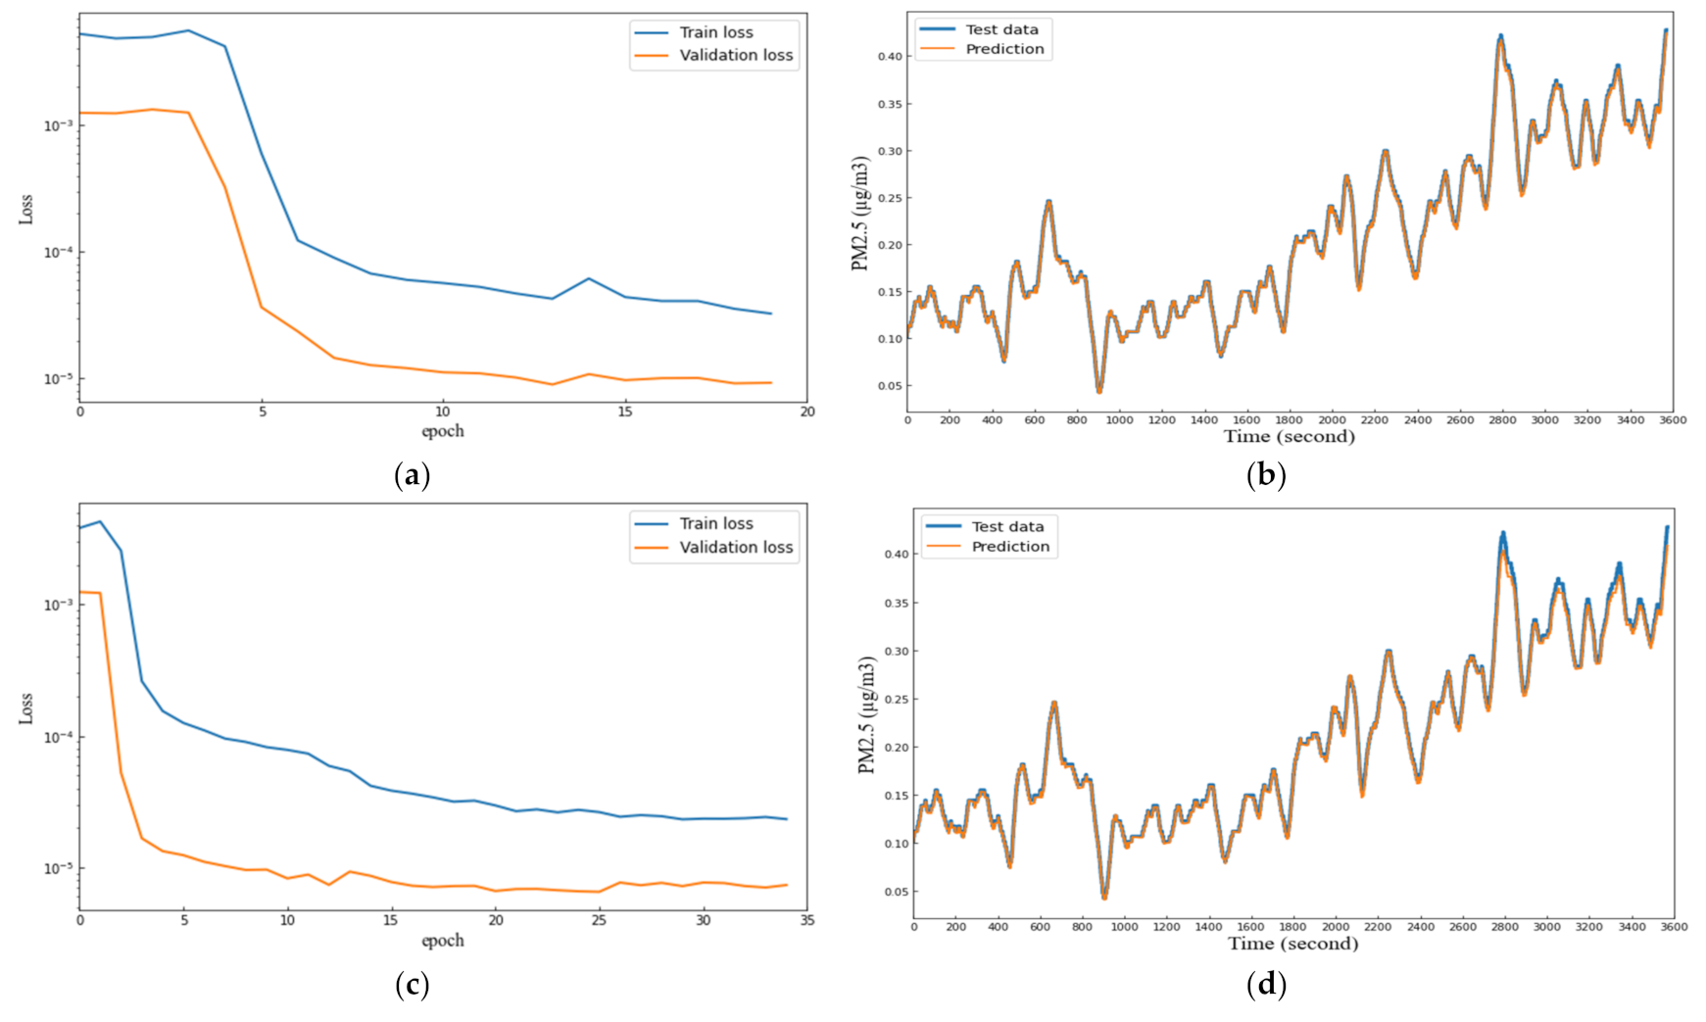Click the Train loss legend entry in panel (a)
tap(715, 32)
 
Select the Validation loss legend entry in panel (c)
tap(735, 547)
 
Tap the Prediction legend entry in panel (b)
tap(1003, 49)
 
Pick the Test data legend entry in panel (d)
tap(1007, 526)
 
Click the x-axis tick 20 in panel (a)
tap(806, 412)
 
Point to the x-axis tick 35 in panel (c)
tap(806, 920)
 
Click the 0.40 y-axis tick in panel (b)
tap(889, 57)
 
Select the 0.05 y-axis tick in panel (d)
tap(896, 892)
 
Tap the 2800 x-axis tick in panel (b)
tap(1502, 419)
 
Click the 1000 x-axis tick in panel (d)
tap(1124, 926)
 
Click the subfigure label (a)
tap(412, 476)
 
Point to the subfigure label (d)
tap(1266, 984)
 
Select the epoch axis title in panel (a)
tap(443, 431)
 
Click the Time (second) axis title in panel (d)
tap(1292, 944)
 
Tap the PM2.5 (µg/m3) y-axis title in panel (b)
tap(860, 213)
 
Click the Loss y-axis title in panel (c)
tap(26, 708)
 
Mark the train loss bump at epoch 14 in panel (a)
tap(588, 278)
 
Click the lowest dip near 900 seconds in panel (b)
tap(1098, 391)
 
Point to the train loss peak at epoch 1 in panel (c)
tap(100, 521)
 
